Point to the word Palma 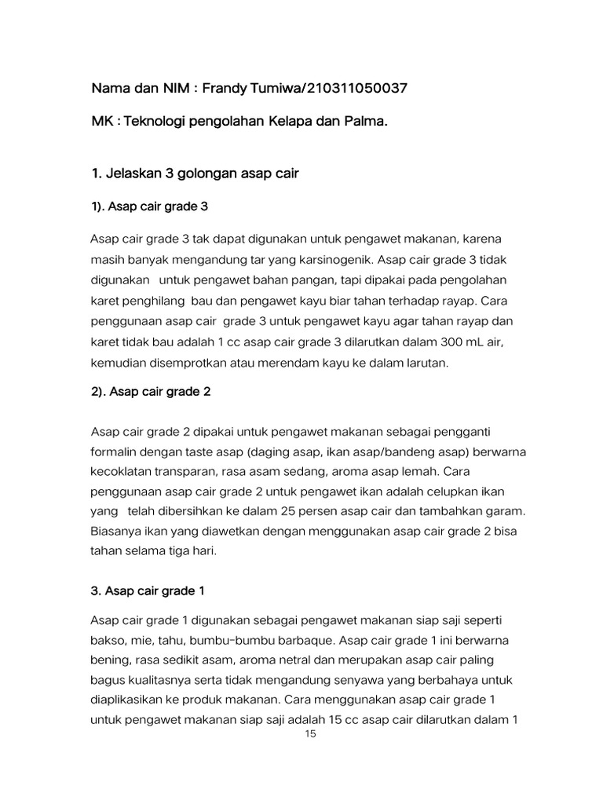coord(367,122)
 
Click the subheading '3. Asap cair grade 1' coord(148,590)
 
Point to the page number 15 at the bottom coord(310,735)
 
